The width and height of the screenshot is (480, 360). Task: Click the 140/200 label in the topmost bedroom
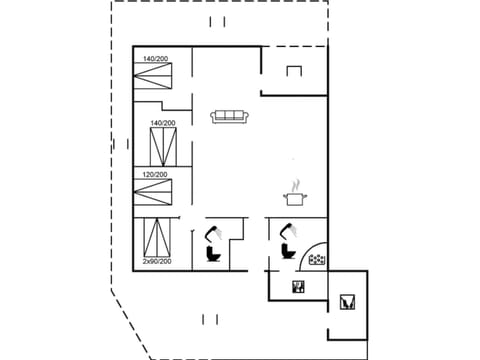tap(156, 58)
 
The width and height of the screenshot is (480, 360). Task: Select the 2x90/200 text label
tap(157, 261)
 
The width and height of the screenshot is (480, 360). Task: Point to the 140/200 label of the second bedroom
tap(163, 123)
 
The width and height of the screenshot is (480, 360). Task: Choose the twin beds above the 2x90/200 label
tap(157, 236)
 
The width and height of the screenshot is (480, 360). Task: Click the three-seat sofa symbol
tap(230, 116)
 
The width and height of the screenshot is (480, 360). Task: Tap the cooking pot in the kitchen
tap(294, 200)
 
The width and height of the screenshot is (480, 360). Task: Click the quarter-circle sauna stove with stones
tap(316, 258)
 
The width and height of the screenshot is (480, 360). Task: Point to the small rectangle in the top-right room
tap(294, 71)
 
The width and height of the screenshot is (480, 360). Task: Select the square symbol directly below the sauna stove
tap(297, 288)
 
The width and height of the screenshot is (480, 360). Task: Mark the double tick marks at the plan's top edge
tap(218, 21)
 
